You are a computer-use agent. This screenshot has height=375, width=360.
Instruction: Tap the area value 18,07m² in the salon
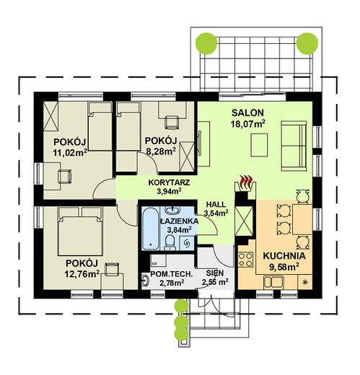(x=247, y=124)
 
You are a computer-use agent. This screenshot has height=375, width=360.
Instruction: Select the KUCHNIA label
(x=283, y=256)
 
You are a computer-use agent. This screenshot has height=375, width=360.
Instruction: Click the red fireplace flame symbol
(x=247, y=180)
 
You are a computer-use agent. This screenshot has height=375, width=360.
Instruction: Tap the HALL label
(x=215, y=204)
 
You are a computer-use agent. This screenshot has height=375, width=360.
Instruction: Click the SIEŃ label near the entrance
(x=214, y=273)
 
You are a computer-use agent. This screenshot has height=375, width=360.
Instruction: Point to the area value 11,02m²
(x=69, y=152)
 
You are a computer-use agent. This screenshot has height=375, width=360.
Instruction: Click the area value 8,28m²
(x=160, y=152)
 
